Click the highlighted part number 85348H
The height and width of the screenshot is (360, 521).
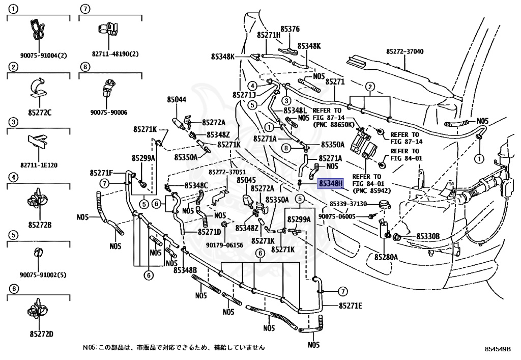331,183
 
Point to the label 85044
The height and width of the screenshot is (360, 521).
177,100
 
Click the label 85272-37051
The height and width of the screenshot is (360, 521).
227,172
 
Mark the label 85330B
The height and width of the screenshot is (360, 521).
428,236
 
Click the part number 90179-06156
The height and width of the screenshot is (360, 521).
224,245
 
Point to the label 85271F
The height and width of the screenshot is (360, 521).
101,173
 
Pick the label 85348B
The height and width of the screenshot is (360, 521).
185,270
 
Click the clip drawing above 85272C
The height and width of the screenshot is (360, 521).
38,87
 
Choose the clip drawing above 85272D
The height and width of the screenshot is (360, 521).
38,313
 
